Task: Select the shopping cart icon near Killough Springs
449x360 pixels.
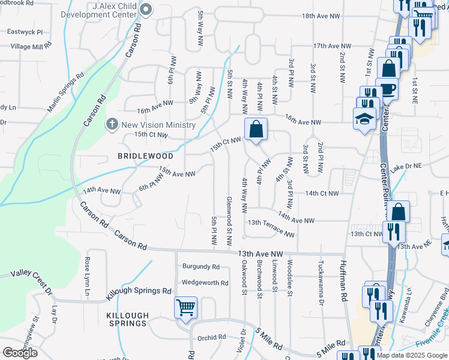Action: (186, 308)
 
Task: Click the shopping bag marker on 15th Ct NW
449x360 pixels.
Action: (256, 130)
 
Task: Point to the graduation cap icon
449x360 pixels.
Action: (364, 119)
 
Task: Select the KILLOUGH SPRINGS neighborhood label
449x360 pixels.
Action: (127, 319)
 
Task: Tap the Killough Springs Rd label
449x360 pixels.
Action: (139, 293)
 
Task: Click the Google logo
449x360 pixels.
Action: (20, 353)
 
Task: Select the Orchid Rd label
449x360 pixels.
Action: (211, 337)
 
